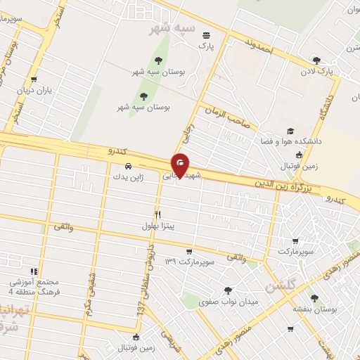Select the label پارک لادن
(316, 71)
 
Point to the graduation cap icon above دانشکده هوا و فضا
(290, 131)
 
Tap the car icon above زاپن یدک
(127, 166)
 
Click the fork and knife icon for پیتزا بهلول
(157, 215)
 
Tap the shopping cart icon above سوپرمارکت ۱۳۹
(188, 251)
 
